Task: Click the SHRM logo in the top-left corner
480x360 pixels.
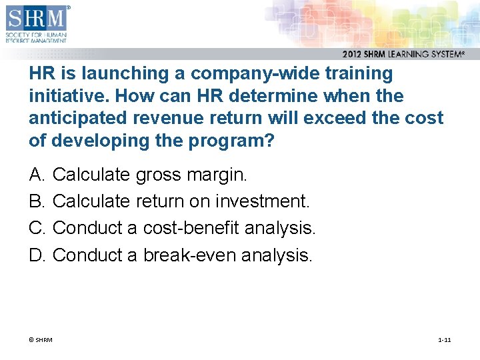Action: click(37, 23)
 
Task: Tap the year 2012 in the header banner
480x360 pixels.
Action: click(354, 55)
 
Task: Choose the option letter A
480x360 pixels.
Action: click(37, 175)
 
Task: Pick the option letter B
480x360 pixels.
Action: click(37, 201)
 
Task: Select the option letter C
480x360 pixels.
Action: click(37, 228)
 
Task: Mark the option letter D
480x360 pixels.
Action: click(37, 255)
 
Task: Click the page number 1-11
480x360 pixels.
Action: click(444, 340)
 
